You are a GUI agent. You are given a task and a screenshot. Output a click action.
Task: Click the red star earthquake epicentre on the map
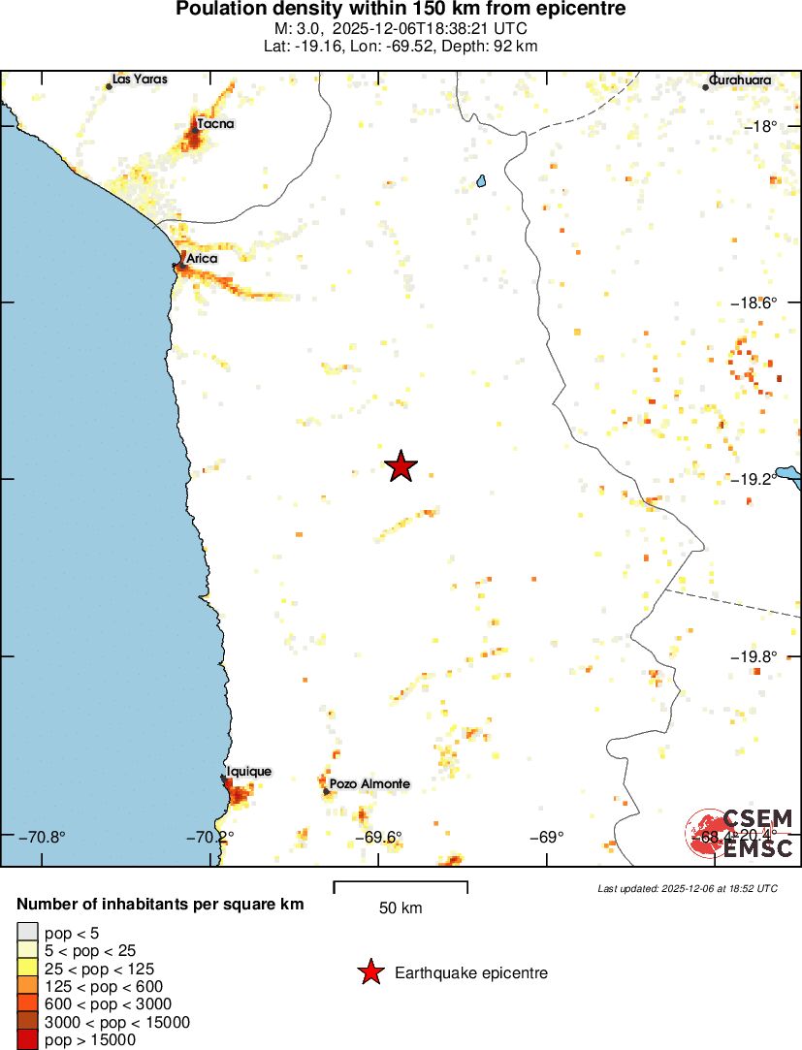pyautogui.click(x=401, y=466)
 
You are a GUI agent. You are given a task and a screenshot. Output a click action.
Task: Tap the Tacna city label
pyautogui.click(x=214, y=124)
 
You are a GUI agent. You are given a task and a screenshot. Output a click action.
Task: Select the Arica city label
pyautogui.click(x=202, y=259)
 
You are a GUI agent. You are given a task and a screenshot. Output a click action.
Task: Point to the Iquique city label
pyautogui.click(x=248, y=772)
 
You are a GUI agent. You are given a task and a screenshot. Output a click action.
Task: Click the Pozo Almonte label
pyautogui.click(x=369, y=783)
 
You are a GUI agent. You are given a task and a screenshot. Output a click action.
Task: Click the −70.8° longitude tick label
pyautogui.click(x=42, y=837)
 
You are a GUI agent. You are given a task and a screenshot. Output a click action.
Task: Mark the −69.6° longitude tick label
pyautogui.click(x=378, y=837)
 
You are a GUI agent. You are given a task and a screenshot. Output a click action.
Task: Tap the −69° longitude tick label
pyautogui.click(x=548, y=837)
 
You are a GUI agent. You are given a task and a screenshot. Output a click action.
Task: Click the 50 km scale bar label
pyautogui.click(x=401, y=908)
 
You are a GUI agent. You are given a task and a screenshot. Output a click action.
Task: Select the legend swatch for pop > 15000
pyautogui.click(x=26, y=1040)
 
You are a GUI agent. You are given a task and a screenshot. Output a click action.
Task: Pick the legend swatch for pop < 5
pyautogui.click(x=26, y=933)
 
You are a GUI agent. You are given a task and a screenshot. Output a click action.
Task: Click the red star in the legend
pyautogui.click(x=369, y=972)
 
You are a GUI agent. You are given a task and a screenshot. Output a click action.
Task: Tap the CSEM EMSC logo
pyautogui.click(x=740, y=833)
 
